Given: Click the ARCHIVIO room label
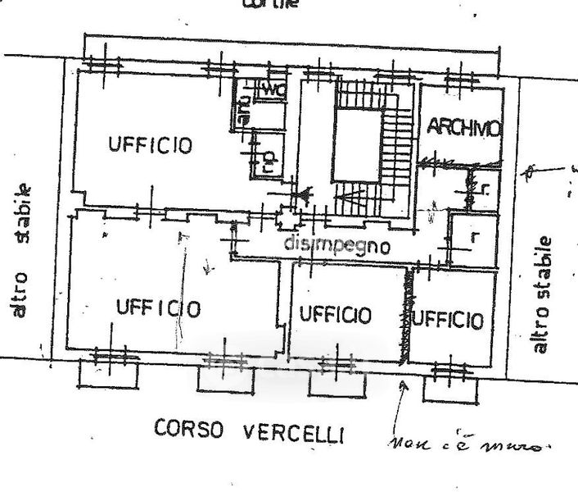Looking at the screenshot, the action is (463, 128).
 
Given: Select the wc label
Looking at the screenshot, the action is (272, 91).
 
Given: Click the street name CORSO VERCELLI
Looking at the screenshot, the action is (246, 430).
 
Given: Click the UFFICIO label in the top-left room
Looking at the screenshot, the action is (151, 146).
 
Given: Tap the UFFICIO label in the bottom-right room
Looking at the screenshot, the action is (447, 319).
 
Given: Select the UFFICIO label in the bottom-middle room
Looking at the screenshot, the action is (334, 314).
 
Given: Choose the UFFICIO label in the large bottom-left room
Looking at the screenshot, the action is (158, 308).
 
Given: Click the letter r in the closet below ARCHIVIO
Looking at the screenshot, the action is (473, 236).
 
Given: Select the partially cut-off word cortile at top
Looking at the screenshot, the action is (269, 4).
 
